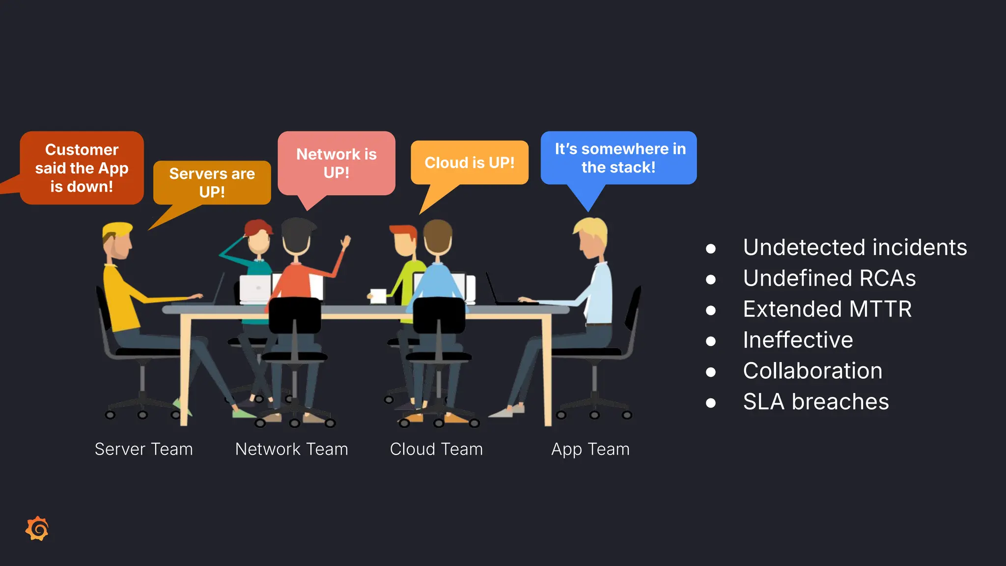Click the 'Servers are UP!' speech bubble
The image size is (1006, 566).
pos(212,182)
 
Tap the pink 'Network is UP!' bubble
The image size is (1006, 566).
pos(336,163)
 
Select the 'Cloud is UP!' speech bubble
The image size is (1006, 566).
pos(470,163)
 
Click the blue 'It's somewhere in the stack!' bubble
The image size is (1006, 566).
pos(619,158)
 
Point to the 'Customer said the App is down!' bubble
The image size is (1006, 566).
pos(82,168)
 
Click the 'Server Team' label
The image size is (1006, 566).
pos(143,449)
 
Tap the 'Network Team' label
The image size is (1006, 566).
pos(291,449)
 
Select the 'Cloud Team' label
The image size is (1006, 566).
pos(436,449)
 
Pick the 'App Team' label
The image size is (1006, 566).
pos(590,449)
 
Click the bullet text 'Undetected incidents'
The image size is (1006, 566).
pos(855,247)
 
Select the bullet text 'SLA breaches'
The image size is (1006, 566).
pos(815,401)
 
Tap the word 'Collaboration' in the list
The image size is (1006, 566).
pos(812,370)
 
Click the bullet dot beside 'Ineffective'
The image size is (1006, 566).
pos(710,341)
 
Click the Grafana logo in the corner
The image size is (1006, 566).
pos(37,529)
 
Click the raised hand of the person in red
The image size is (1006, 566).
pos(346,241)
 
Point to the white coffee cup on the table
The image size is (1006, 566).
pos(378,296)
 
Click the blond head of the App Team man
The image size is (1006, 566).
pos(591,237)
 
